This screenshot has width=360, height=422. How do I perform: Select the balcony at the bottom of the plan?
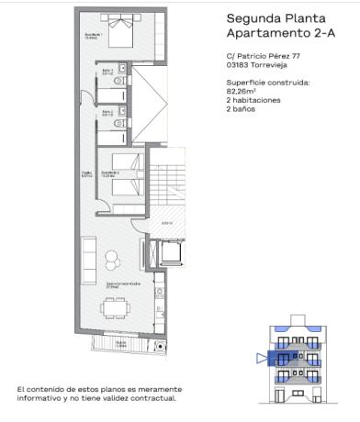point(117,346)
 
